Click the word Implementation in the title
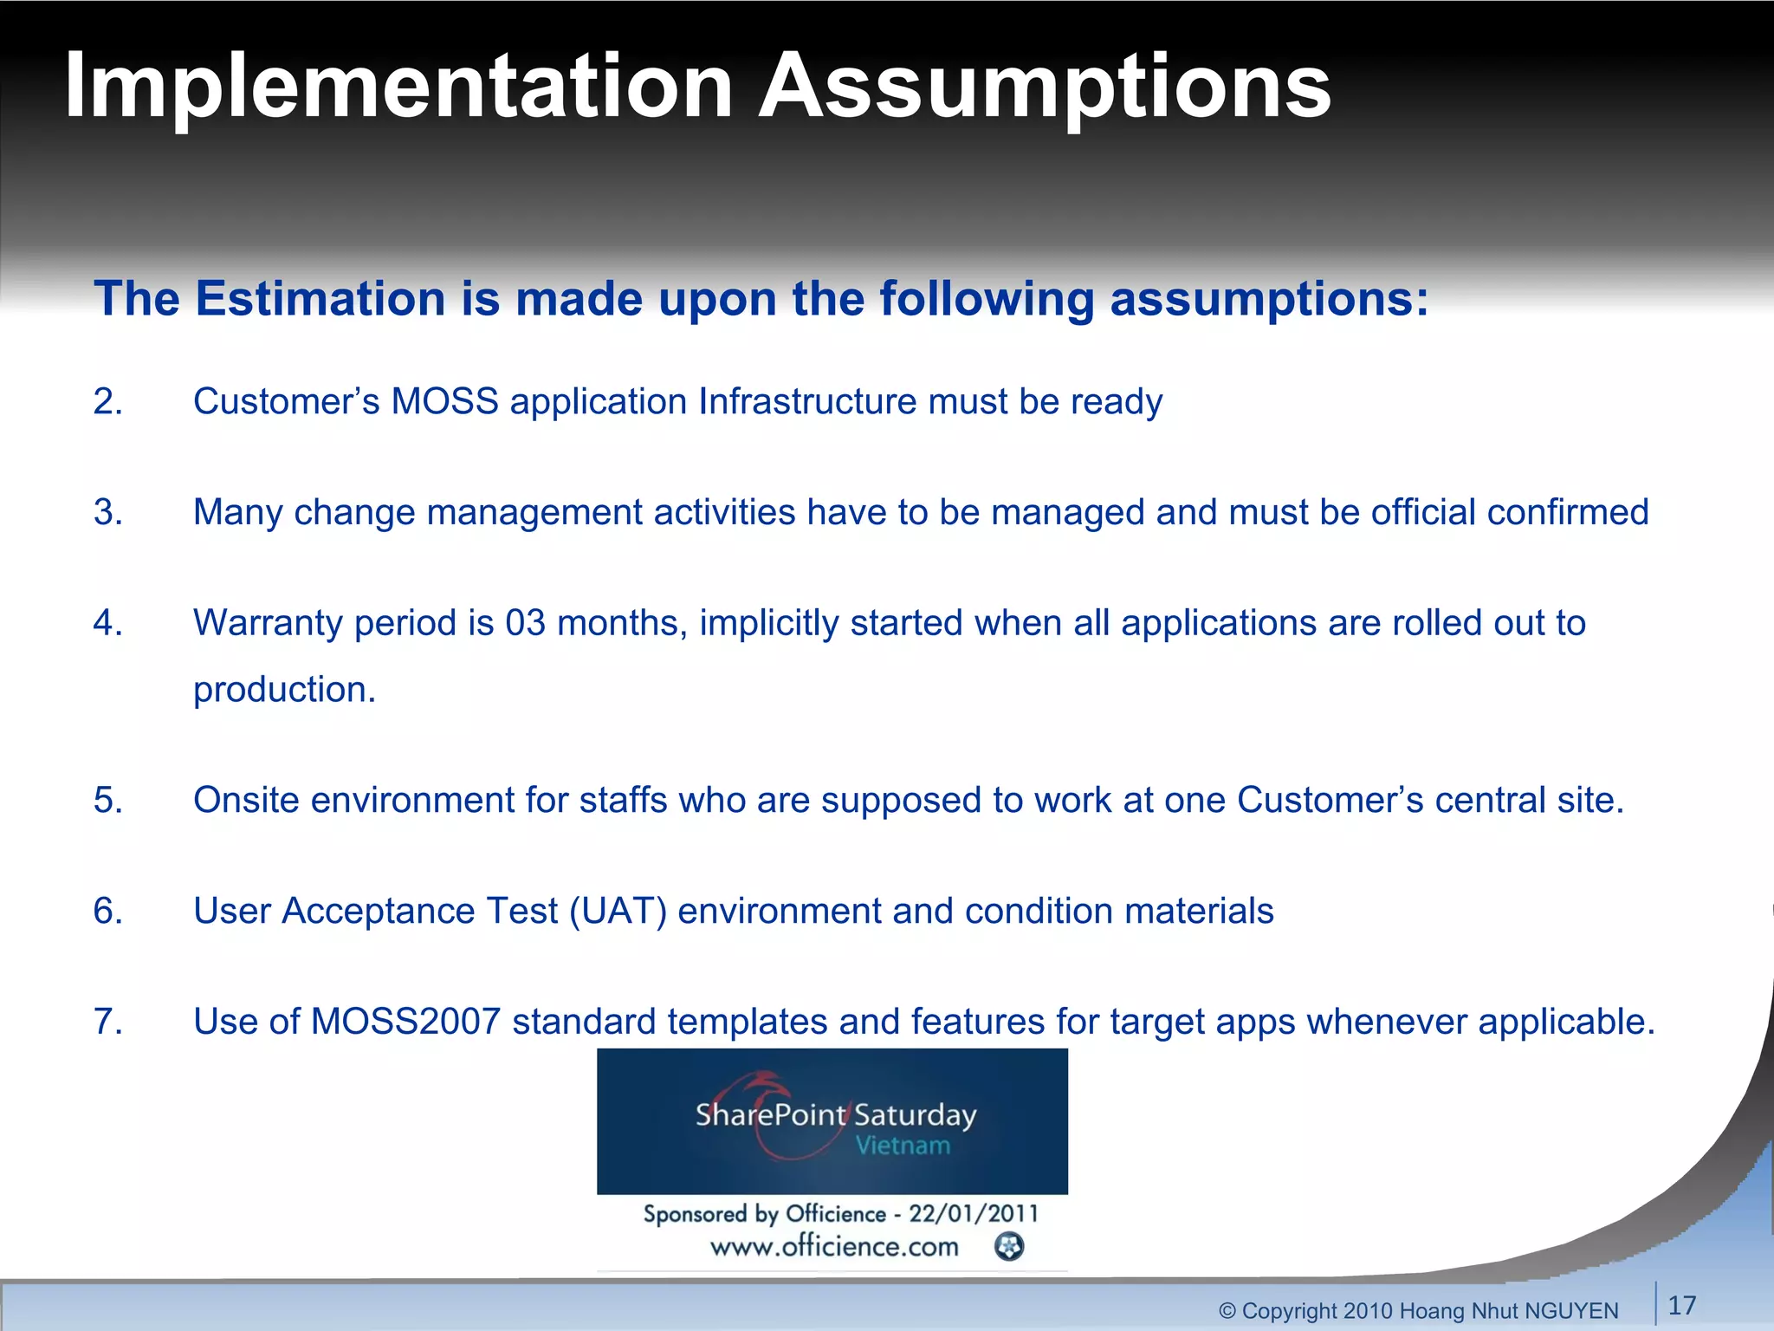398,87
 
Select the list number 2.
107,402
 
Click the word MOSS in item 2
444,402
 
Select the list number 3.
107,512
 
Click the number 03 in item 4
526,623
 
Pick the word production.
283,690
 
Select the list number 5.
107,800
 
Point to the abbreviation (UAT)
618,911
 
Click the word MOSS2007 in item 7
405,1022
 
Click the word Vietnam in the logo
903,1146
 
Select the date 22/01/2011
972,1213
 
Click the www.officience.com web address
834,1247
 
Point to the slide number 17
1682,1305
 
